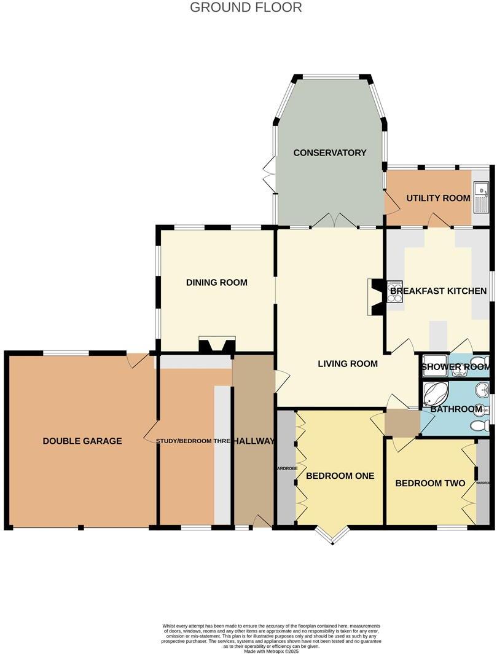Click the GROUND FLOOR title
pyautogui.click(x=246, y=7)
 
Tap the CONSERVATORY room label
pyautogui.click(x=329, y=152)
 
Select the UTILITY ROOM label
pyautogui.click(x=437, y=198)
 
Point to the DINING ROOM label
pyautogui.click(x=216, y=283)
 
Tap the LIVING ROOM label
pyautogui.click(x=347, y=363)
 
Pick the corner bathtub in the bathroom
pyautogui.click(x=435, y=393)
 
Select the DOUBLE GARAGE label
pyautogui.click(x=82, y=441)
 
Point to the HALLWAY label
pyautogui.click(x=253, y=441)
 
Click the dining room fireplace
pyautogui.click(x=216, y=345)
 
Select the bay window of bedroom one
pyautogui.click(x=332, y=535)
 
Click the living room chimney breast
pyautogui.click(x=375, y=297)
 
